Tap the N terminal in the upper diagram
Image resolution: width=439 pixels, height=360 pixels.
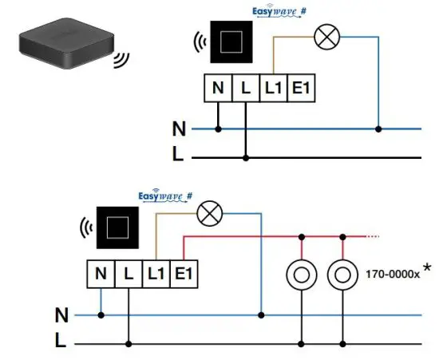point(218,89)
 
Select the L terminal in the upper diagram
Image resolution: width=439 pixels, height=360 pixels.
point(245,89)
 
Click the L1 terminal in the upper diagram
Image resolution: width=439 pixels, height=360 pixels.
point(273,89)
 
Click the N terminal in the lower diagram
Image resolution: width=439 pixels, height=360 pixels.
point(101,275)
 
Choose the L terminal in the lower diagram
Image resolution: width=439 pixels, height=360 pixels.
point(128,275)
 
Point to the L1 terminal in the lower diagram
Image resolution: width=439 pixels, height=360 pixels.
point(156,275)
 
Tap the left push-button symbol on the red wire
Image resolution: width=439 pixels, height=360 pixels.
point(302,274)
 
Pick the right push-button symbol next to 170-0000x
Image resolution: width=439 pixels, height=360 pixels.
point(342,274)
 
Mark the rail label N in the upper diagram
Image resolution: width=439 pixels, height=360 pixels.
point(179,128)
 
